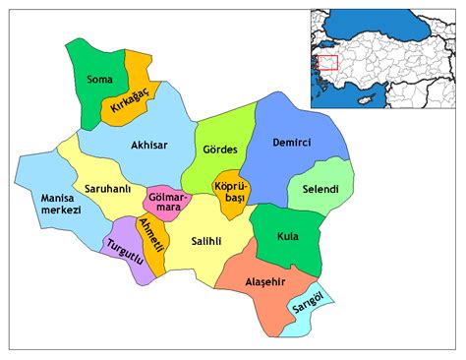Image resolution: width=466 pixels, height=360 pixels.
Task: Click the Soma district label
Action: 98,79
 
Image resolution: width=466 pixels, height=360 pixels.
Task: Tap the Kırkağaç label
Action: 128,101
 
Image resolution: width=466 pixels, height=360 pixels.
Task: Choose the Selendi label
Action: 320,188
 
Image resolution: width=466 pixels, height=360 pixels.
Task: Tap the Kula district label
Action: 287,237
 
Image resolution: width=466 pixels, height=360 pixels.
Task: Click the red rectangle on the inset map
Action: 328,63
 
